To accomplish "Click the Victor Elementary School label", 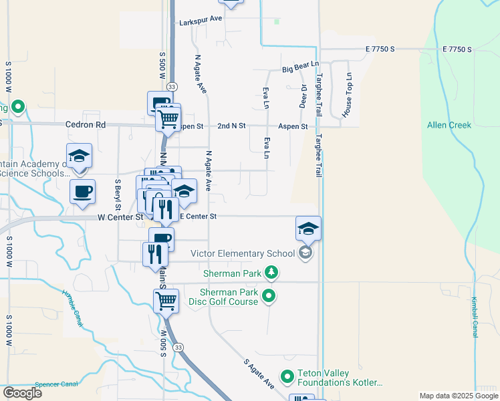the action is click(243, 253).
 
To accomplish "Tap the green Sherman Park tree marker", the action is click(271, 272).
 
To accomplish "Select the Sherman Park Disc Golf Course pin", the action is click(269, 295).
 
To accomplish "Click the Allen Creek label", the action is click(449, 125).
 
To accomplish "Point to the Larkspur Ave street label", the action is click(201, 22).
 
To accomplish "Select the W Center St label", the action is click(120, 217).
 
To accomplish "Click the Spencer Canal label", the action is click(57, 384).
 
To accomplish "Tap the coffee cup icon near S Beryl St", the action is click(82, 191).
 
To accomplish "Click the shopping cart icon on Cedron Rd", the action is click(168, 119).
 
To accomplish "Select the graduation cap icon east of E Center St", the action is click(308, 228).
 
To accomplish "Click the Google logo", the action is click(22, 393).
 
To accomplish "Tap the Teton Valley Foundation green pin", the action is click(287, 378).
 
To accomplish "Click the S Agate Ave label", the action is click(259, 375).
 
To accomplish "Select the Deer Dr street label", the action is click(303, 96).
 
